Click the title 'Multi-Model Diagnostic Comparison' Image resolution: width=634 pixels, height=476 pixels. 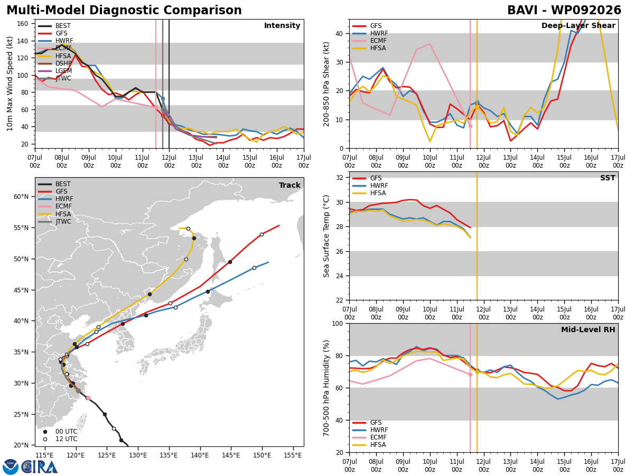pos(124,11)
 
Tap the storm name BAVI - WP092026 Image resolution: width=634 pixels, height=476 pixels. pos(564,11)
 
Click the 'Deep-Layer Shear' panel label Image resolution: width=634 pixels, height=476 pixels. pos(578,25)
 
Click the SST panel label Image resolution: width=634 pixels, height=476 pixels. pos(608,178)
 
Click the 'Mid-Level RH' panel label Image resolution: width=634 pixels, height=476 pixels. pos(588,329)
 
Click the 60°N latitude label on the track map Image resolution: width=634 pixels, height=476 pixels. pos(21,197)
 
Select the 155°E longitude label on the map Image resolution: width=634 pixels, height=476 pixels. pos(293,456)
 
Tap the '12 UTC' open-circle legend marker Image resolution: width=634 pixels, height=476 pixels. pos(45,440)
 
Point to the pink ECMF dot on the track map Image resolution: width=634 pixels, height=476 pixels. pos(88,398)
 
